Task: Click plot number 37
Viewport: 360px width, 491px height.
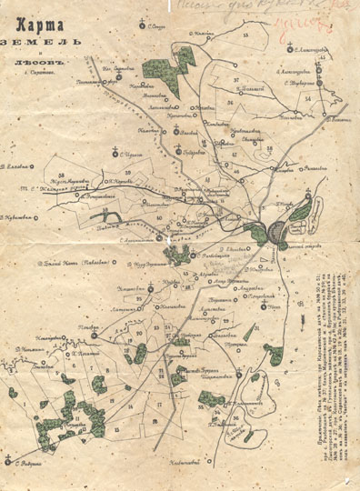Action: pyautogui.click(x=235, y=80)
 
